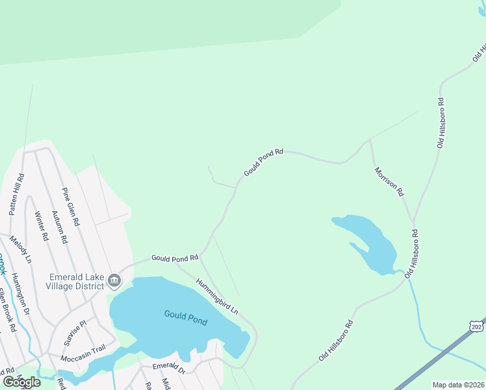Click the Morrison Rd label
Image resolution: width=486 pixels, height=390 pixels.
[389, 182]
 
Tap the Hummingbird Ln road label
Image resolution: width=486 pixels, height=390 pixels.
[217, 294]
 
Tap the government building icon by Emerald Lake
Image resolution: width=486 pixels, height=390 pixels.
[114, 281]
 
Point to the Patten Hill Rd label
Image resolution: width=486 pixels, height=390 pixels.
[17, 194]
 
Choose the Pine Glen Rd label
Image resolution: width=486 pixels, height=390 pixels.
[70, 206]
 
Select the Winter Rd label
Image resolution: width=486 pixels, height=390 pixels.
[41, 226]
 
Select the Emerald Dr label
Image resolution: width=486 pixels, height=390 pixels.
[169, 367]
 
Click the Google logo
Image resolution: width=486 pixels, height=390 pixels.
[21, 382]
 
